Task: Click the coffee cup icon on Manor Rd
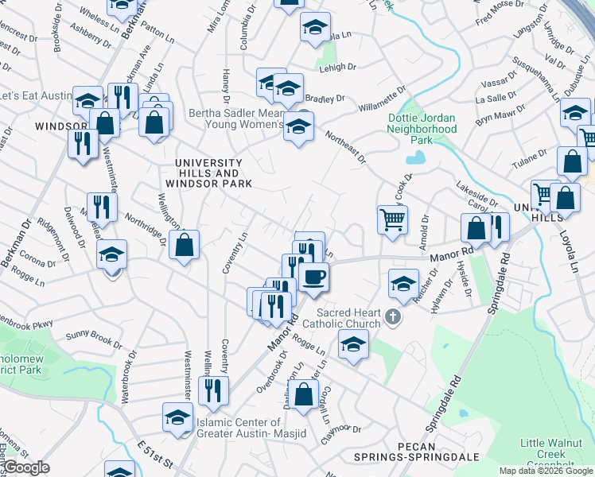coord(314,277)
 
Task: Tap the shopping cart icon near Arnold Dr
coord(392,219)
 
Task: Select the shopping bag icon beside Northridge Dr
coord(184,246)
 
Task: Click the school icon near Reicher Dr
coord(403,282)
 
